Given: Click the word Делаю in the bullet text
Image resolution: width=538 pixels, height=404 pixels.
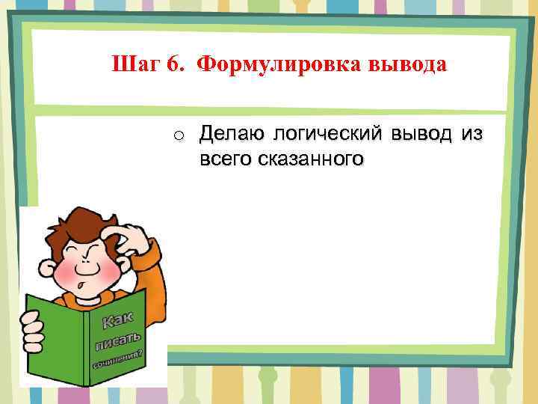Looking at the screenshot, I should click(232, 135).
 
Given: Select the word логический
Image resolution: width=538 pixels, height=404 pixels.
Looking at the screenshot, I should click(324, 135).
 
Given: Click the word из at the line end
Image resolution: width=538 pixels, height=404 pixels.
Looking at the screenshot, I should click(472, 135).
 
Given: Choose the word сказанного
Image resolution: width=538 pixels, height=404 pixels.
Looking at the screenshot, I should click(311, 159).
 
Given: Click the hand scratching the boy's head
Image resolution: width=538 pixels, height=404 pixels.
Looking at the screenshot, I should click(127, 233).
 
